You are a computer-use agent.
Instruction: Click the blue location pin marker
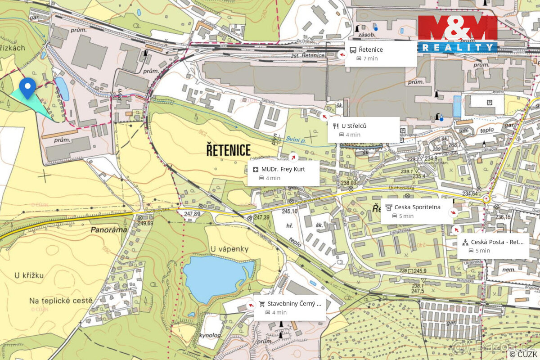[x=27, y=87]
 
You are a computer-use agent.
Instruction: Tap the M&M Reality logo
[x=458, y=34]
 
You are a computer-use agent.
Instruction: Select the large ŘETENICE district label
[x=228, y=149]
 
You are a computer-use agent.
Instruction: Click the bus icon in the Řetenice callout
[x=353, y=50]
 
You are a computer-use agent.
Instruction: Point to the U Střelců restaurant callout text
[x=354, y=126]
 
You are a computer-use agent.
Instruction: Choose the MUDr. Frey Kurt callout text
[x=283, y=169]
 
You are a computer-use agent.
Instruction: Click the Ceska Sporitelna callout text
[x=417, y=207]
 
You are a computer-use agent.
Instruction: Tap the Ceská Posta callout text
[x=497, y=242]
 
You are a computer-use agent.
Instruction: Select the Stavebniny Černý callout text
[x=294, y=303]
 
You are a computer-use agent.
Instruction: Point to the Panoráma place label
[x=108, y=229]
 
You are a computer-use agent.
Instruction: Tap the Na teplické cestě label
[x=61, y=300]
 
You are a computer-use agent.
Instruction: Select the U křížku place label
[x=29, y=275]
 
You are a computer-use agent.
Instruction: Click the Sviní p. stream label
[x=294, y=139]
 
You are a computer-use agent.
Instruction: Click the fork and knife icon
[x=335, y=126]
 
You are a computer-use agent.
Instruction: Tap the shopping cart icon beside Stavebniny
[x=261, y=304]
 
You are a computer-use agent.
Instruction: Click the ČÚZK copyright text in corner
[x=523, y=354]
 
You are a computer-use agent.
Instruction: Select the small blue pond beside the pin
[x=62, y=89]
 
